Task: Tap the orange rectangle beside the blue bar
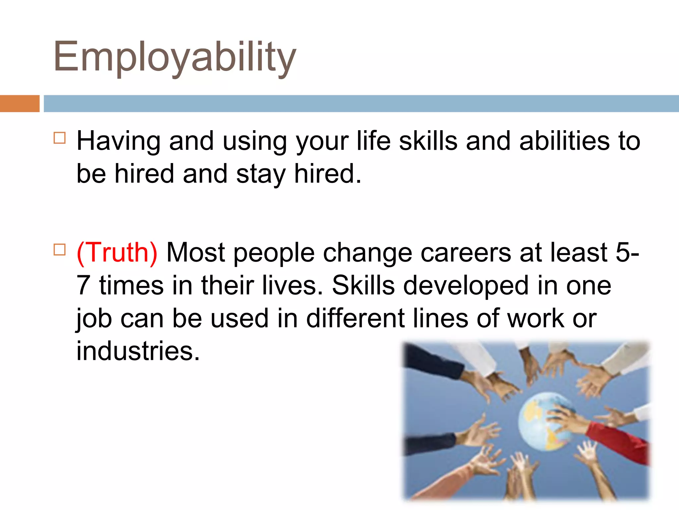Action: tap(20, 104)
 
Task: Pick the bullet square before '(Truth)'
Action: tap(59, 249)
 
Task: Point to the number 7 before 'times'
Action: tap(83, 286)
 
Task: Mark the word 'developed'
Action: tap(465, 286)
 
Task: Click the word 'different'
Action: tap(355, 318)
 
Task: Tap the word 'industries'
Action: tap(138, 351)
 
